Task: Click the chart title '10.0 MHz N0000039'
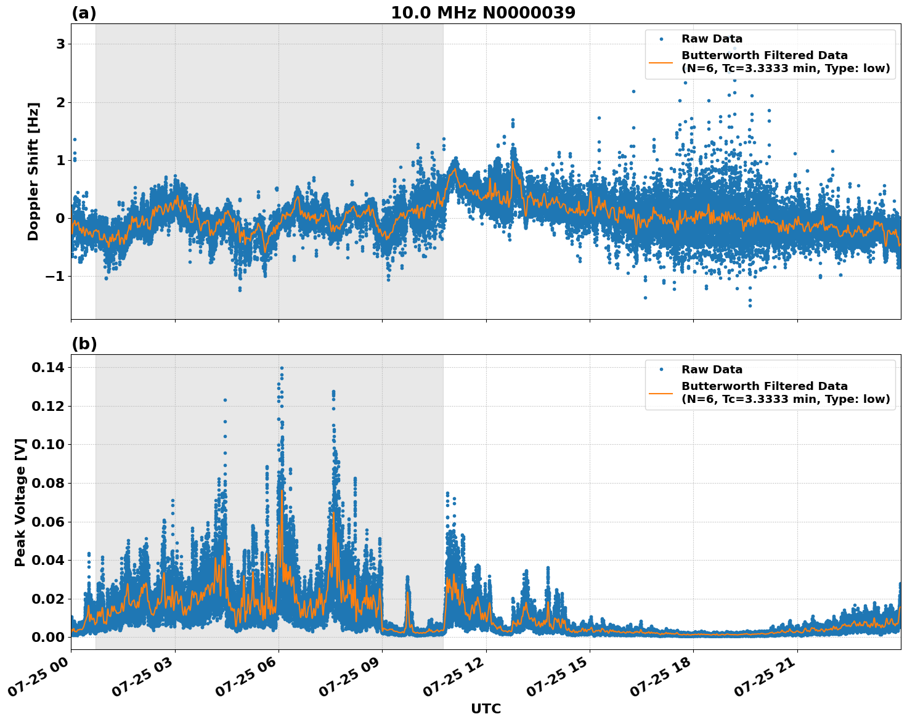483,13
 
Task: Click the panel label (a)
84,13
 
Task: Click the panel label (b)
84,344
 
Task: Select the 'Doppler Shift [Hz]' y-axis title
33,171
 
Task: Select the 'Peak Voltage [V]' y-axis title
20,502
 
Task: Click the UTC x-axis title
486,708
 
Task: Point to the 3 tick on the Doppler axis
60,44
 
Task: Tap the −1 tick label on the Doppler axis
55,277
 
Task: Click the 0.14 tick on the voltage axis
48,368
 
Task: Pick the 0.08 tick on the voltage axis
48,484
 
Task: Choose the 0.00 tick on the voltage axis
48,638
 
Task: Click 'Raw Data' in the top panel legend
712,39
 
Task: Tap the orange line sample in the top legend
661,62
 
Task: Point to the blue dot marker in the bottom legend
661,370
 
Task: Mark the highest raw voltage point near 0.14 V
282,368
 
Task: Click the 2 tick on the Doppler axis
60,102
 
